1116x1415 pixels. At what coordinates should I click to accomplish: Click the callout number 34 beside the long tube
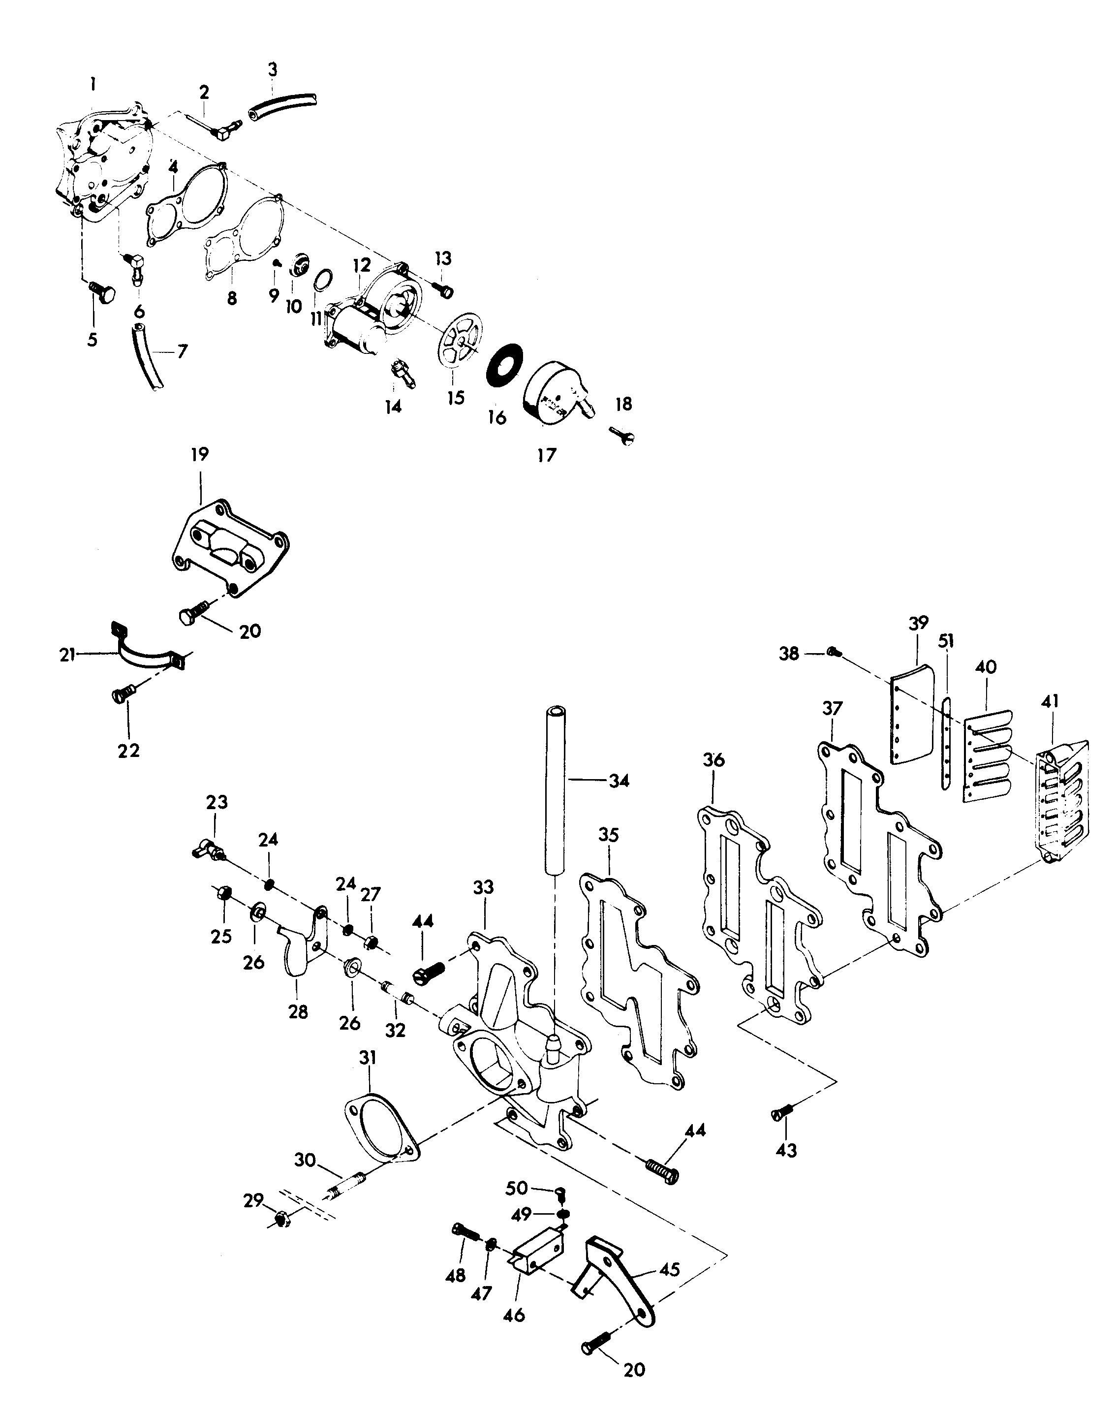(x=619, y=781)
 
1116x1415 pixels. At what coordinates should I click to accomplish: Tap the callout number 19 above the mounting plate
(x=200, y=455)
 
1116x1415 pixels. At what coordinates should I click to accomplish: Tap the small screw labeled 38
(x=833, y=651)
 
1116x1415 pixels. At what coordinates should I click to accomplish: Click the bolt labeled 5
(x=101, y=292)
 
